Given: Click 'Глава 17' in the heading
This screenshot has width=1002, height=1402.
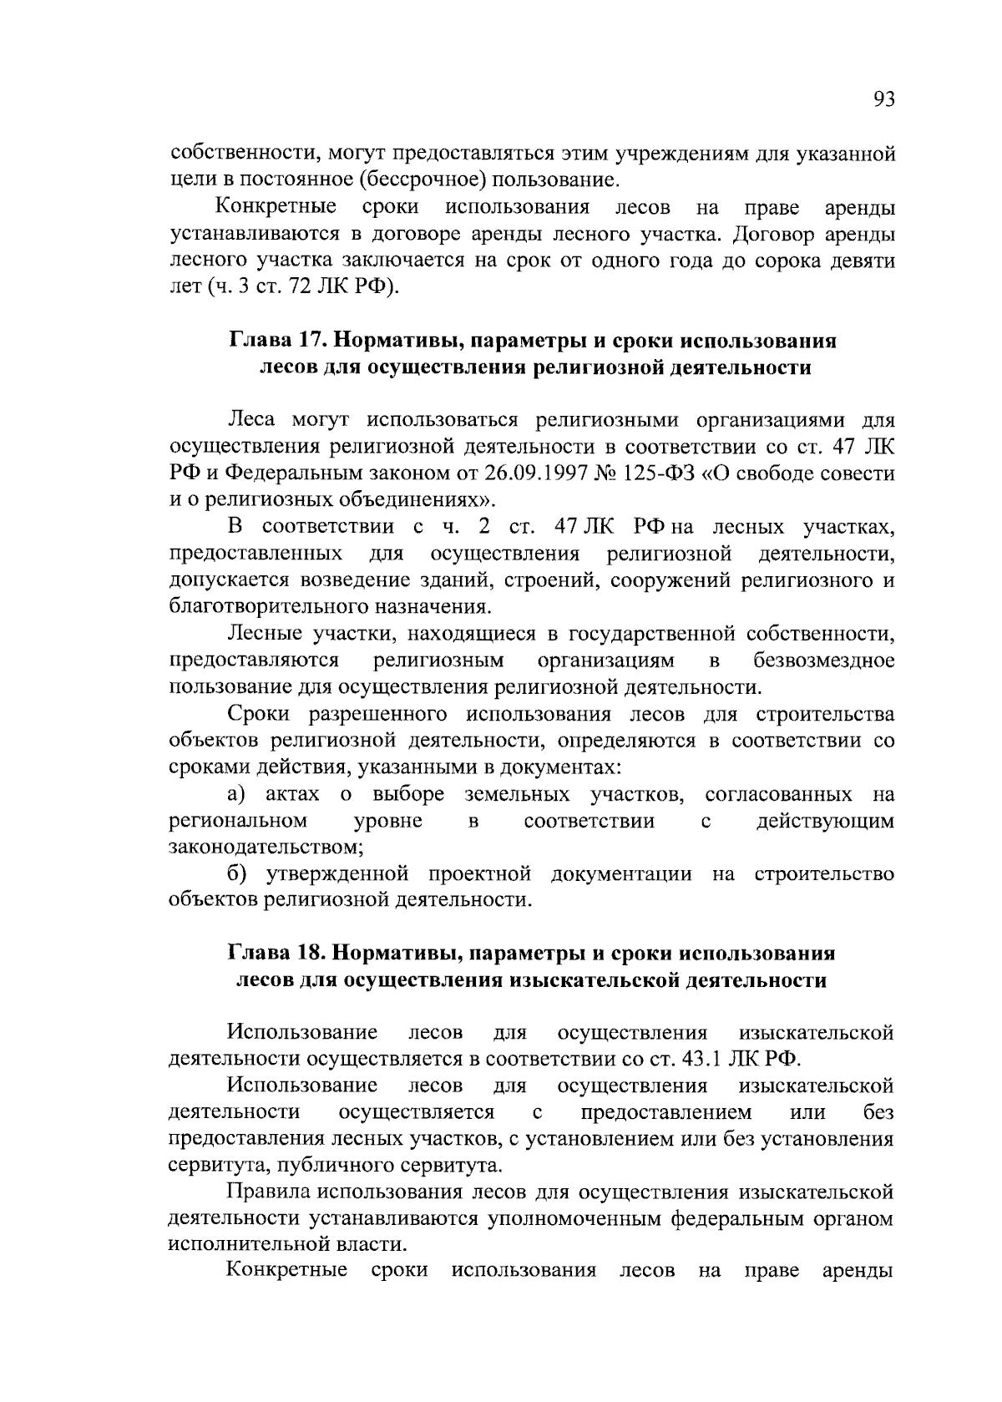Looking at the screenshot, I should tap(267, 342).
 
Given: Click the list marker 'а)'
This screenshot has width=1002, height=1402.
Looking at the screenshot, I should tap(238, 794).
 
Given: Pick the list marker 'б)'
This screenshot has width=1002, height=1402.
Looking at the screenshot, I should tap(238, 874).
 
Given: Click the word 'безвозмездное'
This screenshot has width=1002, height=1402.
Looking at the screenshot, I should tap(823, 661).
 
